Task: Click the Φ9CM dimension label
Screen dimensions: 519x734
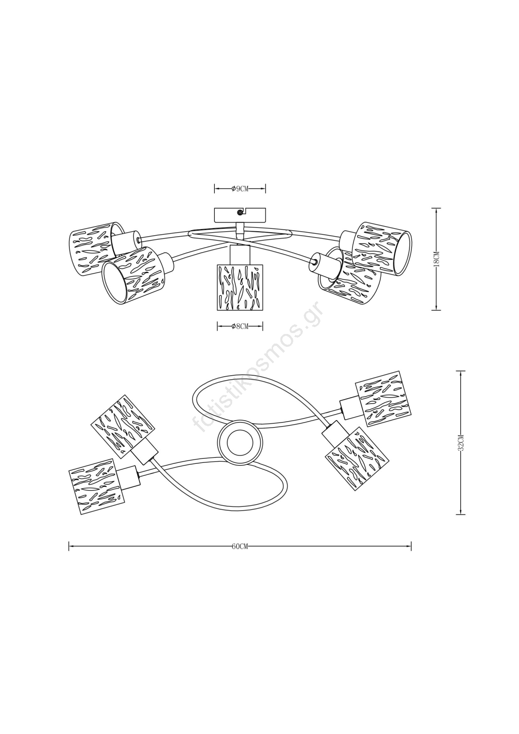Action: click(240, 189)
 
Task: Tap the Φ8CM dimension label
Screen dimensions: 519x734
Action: click(240, 326)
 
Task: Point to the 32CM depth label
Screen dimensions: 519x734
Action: click(461, 443)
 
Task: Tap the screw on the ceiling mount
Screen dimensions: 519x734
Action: click(240, 212)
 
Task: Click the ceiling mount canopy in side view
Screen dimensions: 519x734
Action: click(240, 215)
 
